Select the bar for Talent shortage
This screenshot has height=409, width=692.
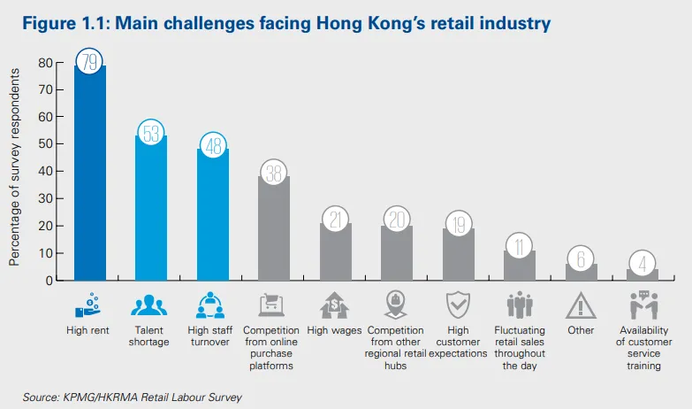point(149,212)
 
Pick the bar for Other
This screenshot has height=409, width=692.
point(581,273)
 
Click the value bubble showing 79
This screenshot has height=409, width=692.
point(88,62)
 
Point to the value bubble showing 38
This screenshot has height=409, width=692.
point(273,173)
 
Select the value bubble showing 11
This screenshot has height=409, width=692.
point(520,246)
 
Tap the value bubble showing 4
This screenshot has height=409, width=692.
point(643,264)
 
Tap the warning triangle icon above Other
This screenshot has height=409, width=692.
point(581,305)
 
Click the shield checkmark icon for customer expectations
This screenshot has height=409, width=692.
point(458,305)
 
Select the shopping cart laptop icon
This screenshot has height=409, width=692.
point(273,305)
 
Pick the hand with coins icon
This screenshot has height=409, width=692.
point(88,305)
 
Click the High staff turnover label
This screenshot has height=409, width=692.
point(211,336)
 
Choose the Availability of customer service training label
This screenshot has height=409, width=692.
point(643,348)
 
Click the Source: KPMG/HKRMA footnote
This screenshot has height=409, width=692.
point(132,397)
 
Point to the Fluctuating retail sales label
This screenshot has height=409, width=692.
point(520,348)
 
